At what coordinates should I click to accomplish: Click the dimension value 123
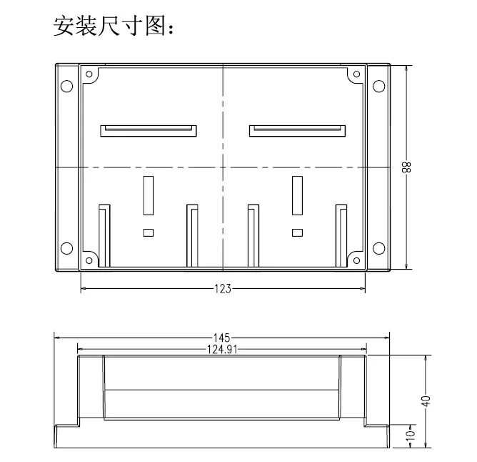tap(223, 289)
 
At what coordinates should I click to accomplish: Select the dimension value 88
tap(406, 167)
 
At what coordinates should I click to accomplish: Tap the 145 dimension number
tap(222, 338)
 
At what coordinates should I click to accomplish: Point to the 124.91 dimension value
tap(222, 349)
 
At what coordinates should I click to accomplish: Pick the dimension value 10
tap(411, 433)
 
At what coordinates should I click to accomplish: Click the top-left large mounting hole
tap(67, 87)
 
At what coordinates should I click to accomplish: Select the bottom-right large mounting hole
tap(378, 248)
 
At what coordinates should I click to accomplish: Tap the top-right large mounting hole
tap(378, 87)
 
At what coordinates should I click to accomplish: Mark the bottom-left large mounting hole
tap(67, 248)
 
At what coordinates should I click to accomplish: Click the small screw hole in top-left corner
tap(89, 74)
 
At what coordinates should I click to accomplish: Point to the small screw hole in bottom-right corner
tap(356, 260)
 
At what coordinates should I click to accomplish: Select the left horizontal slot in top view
tap(149, 131)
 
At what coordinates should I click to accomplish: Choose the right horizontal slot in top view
tap(297, 131)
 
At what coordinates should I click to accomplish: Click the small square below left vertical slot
tap(149, 233)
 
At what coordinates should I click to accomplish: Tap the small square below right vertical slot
tap(297, 233)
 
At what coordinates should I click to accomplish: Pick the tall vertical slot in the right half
tap(297, 195)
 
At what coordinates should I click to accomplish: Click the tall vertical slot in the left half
tap(149, 195)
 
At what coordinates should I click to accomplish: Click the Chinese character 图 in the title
tap(156, 26)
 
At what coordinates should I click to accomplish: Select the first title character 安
tap(64, 26)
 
